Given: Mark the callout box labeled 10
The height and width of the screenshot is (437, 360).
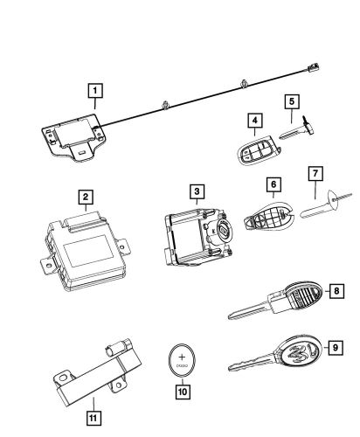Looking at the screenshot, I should pos(183,392).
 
